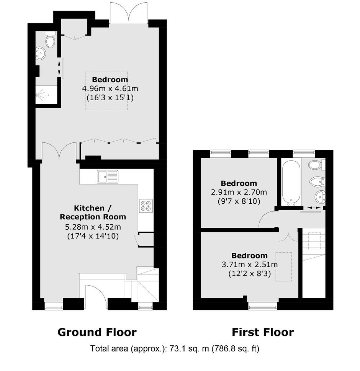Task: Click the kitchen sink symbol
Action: click(x=108, y=177)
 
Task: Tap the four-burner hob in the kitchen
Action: click(x=146, y=206)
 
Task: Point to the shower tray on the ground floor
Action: click(x=46, y=95)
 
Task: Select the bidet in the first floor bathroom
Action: click(x=317, y=182)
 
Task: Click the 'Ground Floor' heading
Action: click(x=97, y=332)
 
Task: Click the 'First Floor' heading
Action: click(x=263, y=332)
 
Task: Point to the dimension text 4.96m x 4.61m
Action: click(x=110, y=89)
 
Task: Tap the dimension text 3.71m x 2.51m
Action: click(x=250, y=265)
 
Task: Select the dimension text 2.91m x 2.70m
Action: click(x=239, y=192)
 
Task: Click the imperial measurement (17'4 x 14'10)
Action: click(x=93, y=236)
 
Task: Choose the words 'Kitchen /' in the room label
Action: click(x=93, y=208)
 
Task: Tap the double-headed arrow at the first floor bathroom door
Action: click(x=313, y=208)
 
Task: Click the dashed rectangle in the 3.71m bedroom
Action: click(x=283, y=266)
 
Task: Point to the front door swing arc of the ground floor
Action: click(x=100, y=290)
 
